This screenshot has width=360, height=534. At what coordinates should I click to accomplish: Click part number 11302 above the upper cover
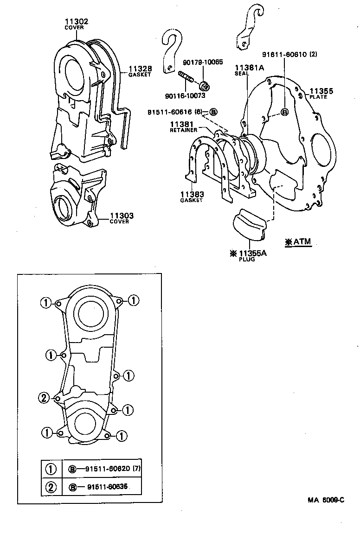pos(76,21)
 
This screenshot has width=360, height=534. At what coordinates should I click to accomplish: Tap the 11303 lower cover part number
pos(122,216)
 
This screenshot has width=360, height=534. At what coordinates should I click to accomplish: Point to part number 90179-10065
pos(202,62)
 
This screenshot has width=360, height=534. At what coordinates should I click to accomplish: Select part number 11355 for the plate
pos(321,91)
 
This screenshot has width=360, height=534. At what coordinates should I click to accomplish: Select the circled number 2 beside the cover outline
pos(43,397)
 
